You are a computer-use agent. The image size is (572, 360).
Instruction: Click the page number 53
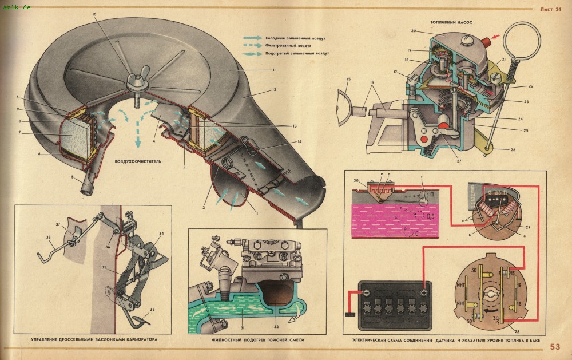555,346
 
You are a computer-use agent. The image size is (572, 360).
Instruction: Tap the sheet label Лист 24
550,9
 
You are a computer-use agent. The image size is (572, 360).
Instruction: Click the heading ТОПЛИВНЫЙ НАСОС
455,22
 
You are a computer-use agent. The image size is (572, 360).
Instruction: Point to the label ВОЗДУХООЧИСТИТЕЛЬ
138,161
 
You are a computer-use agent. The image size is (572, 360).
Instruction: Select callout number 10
94,13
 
